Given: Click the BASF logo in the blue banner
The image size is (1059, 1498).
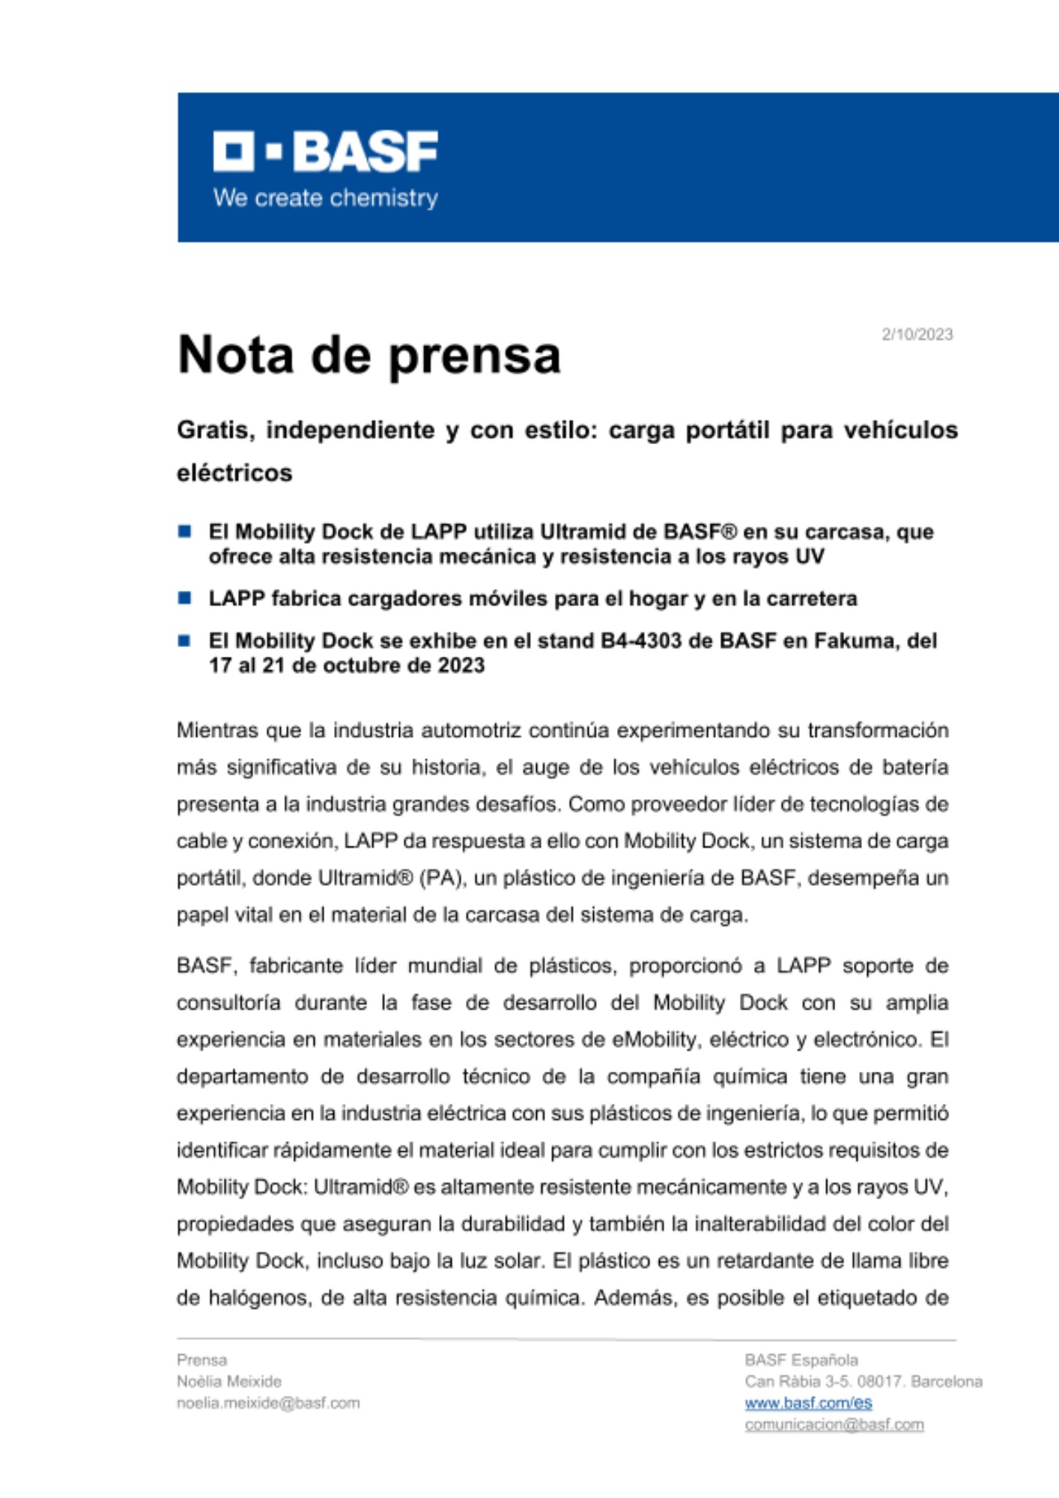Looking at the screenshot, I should click(x=325, y=151).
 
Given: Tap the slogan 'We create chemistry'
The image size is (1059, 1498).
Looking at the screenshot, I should click(x=325, y=198).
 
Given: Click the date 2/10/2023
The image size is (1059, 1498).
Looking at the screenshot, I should click(x=917, y=335).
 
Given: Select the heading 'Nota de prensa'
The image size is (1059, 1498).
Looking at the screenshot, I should click(x=368, y=355).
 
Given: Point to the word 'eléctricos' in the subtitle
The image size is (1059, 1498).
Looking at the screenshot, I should click(x=234, y=473).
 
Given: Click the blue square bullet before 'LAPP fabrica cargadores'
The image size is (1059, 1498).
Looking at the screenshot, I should click(x=184, y=598).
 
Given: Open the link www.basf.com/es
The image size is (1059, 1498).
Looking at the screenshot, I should click(x=808, y=1403).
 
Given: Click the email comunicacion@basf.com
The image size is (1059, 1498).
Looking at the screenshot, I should click(x=834, y=1425).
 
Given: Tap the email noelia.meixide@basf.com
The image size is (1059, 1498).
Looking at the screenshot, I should click(x=268, y=1403).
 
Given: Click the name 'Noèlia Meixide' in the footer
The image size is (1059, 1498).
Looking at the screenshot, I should click(x=229, y=1381).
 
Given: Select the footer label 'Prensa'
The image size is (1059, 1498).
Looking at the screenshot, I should click(x=201, y=1360).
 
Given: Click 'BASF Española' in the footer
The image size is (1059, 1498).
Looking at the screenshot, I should click(x=801, y=1360).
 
